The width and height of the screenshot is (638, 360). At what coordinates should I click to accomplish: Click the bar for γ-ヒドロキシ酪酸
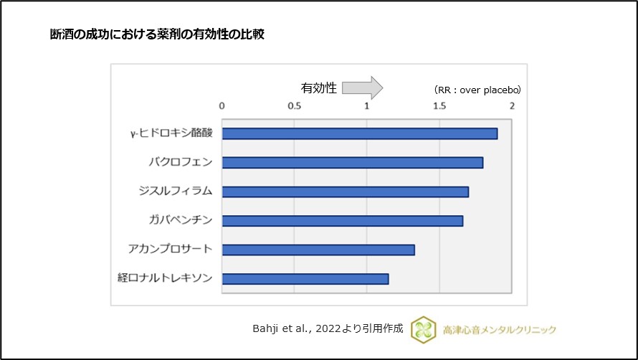(359, 133)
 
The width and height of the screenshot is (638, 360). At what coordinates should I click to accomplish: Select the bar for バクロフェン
(352, 163)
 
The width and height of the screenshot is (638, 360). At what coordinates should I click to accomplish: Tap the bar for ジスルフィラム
(345, 191)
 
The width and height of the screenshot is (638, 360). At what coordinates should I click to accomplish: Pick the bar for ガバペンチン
(342, 221)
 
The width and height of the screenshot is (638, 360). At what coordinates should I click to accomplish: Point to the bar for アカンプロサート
(318, 250)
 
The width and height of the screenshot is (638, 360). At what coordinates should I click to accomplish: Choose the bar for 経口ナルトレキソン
(305, 279)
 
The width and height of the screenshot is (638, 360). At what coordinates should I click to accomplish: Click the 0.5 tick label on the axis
(294, 105)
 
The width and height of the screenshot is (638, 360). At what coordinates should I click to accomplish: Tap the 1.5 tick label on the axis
(439, 105)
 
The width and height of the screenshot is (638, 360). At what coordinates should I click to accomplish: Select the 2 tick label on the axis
(512, 105)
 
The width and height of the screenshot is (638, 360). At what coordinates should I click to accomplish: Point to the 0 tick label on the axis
(222, 105)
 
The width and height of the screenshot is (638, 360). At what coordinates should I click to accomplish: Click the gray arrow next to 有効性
(363, 88)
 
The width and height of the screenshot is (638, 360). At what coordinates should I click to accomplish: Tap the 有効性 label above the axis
(318, 88)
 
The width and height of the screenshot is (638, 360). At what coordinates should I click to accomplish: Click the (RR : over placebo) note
(477, 90)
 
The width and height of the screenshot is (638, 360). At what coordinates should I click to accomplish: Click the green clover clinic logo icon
(423, 329)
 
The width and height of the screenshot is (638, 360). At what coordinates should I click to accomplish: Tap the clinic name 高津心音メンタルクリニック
(500, 329)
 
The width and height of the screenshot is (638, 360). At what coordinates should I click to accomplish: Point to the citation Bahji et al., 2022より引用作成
(328, 329)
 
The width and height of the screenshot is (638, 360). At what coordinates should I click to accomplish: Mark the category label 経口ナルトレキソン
(165, 278)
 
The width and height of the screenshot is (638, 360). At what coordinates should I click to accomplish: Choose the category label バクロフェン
(176, 162)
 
